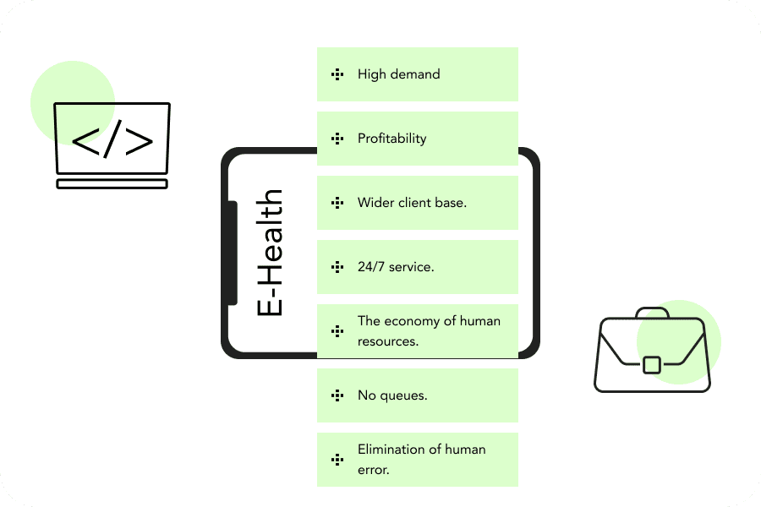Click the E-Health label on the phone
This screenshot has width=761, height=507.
tap(270, 253)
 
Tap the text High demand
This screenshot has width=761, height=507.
tap(398, 74)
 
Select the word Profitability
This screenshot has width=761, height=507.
tap(391, 139)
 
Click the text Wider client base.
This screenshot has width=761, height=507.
tap(412, 203)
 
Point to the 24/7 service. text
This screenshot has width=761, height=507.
tap(396, 267)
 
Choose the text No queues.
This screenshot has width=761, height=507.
tap(392, 395)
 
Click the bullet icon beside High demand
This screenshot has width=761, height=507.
tap(337, 74)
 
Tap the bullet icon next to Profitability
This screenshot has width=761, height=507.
tap(337, 139)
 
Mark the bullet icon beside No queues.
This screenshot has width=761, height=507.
tap(337, 395)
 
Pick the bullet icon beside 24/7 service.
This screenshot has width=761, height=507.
tap(337, 267)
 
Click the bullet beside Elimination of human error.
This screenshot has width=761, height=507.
tap(337, 460)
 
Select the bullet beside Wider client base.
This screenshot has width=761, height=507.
tap(337, 203)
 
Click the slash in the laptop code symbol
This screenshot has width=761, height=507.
tap(112, 141)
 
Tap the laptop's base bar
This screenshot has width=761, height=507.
tap(112, 183)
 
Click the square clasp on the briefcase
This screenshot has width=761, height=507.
tap(651, 365)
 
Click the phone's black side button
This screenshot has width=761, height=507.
tap(233, 253)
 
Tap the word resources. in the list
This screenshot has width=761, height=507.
tap(388, 342)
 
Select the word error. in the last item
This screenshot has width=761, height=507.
tap(374, 471)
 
